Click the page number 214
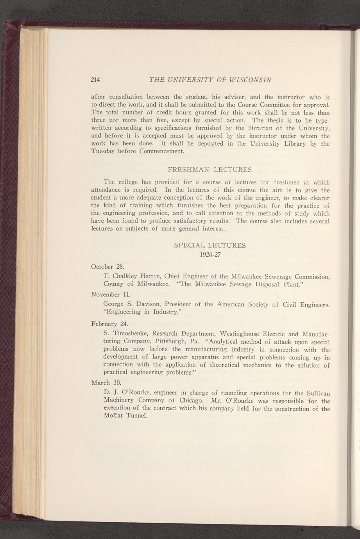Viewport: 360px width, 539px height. click(x=95, y=80)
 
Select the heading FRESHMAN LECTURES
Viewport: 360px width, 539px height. click(x=210, y=170)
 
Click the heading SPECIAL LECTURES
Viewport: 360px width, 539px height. click(x=210, y=245)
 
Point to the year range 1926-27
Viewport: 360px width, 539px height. click(x=210, y=255)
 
